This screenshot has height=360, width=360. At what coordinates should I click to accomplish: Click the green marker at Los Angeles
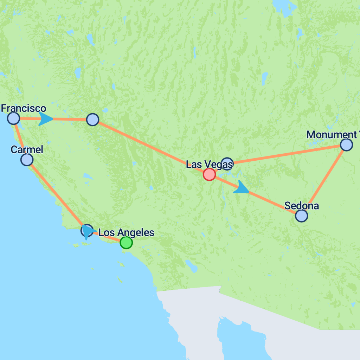[x=126, y=243]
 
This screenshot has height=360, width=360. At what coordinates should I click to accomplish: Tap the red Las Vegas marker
[x=209, y=174]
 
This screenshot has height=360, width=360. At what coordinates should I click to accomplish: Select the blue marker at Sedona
[x=301, y=216]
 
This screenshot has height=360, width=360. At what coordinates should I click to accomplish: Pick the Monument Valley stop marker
[x=346, y=145]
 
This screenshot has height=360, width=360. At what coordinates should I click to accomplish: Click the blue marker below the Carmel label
[x=27, y=160]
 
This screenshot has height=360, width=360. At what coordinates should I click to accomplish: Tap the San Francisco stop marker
[x=13, y=118]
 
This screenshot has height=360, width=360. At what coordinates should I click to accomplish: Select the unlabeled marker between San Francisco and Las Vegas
[x=92, y=120]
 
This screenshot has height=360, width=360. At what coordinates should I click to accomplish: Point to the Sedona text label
[x=301, y=205]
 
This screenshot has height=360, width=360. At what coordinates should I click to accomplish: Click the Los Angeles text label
[x=126, y=232]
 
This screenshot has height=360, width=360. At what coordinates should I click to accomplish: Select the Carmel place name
[x=27, y=149]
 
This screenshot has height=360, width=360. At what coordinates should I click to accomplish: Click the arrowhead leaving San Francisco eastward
[x=46, y=119]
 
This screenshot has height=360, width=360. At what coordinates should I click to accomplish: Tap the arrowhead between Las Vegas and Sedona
[x=241, y=188]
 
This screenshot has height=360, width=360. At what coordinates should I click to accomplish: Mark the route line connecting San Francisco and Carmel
[x=20, y=138]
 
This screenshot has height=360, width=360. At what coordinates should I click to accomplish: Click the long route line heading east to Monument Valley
[x=287, y=154]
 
